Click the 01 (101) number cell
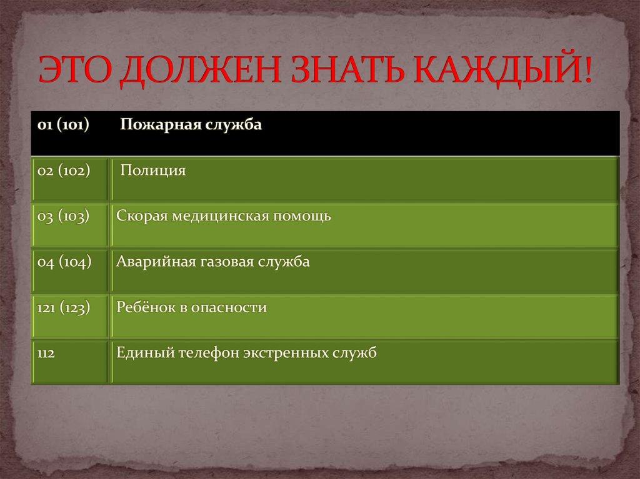click(62, 125)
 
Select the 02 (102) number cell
click(63, 170)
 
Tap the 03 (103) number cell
click(63, 216)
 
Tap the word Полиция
click(153, 170)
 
